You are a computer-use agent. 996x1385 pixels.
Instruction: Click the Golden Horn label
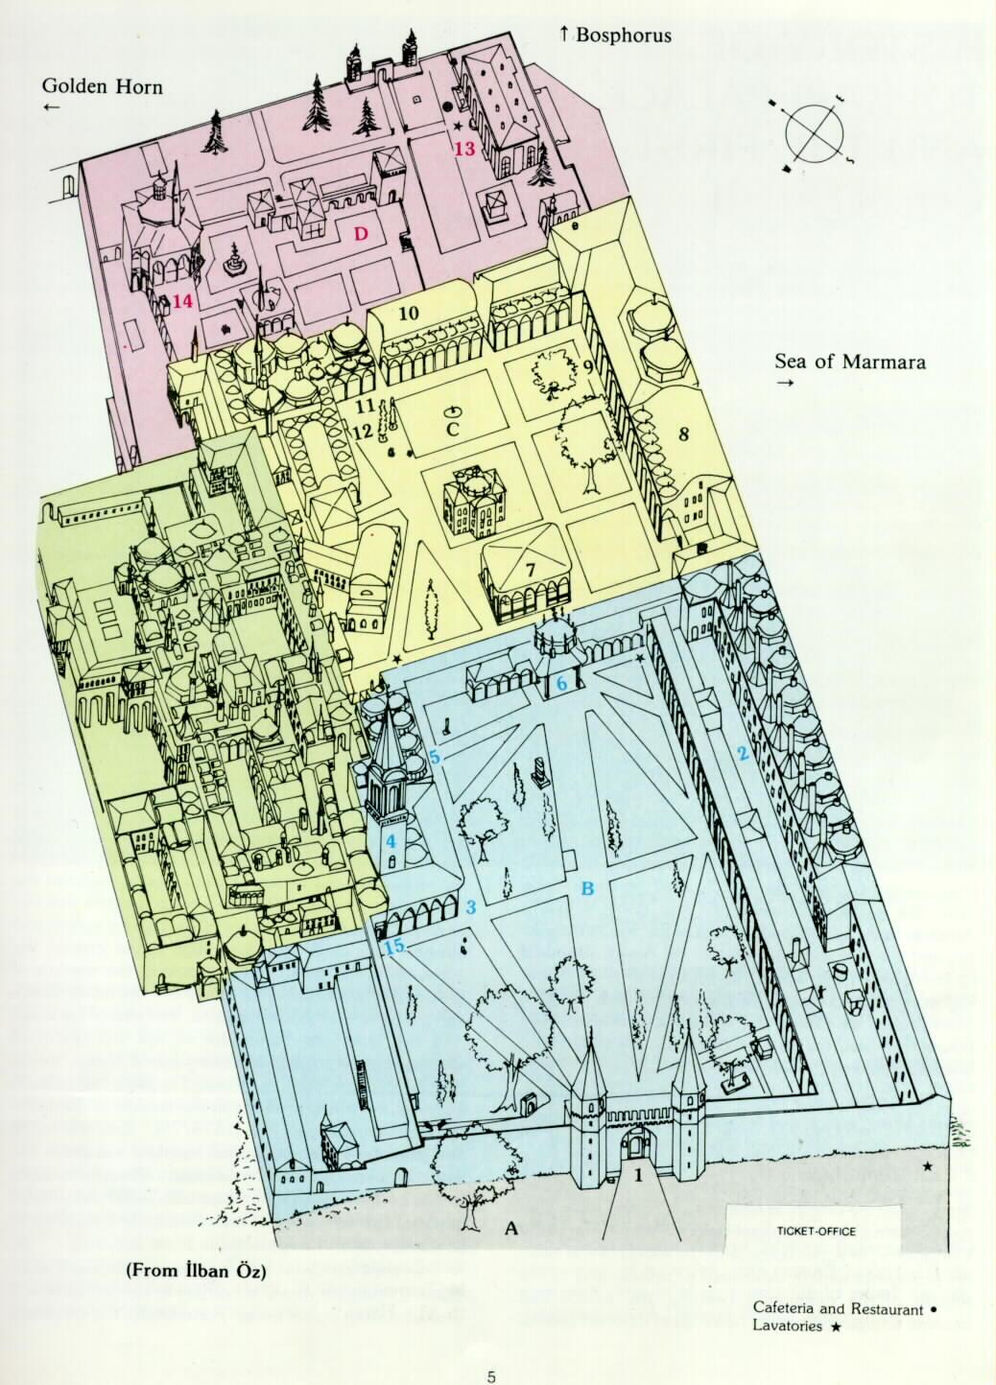pos(103,87)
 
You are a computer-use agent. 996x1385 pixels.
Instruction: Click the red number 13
pos(464,149)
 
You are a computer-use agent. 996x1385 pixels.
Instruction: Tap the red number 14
pos(182,301)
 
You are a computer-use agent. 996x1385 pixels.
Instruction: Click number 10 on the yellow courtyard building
pos(409,313)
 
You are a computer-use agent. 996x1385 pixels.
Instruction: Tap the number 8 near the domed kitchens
pos(683,434)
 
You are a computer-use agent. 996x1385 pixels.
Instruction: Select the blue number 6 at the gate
pos(563,682)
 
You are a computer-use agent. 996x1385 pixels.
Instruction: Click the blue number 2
pos(741,753)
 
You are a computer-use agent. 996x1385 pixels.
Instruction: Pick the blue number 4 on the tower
pos(391,841)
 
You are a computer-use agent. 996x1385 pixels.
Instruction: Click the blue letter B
pos(588,889)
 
